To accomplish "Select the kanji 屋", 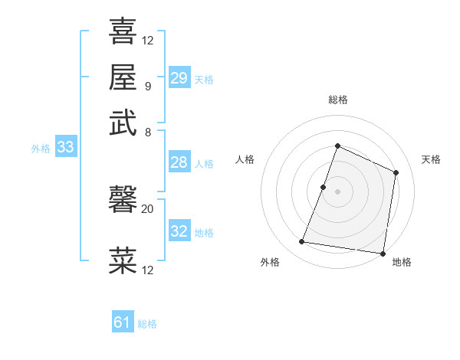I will click(123, 77).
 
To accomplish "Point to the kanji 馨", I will click(123, 201).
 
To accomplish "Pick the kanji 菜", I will click(123, 261).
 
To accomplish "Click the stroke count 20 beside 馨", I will click(147, 208).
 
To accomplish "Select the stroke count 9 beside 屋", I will click(147, 85).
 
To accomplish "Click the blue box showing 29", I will click(179, 78).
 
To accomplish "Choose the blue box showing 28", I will click(179, 162).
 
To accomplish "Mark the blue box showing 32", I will click(179, 231).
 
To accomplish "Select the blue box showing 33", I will click(64, 148).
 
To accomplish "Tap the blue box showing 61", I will click(123, 323).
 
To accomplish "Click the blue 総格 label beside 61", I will click(147, 324).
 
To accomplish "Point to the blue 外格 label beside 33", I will click(41, 149).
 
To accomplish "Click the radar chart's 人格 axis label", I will click(245, 159).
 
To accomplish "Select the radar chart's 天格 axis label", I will click(431, 159).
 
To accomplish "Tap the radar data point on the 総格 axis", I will click(337, 146).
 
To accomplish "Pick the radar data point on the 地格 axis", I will click(383, 253).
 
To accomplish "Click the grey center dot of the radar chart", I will click(337, 191).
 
